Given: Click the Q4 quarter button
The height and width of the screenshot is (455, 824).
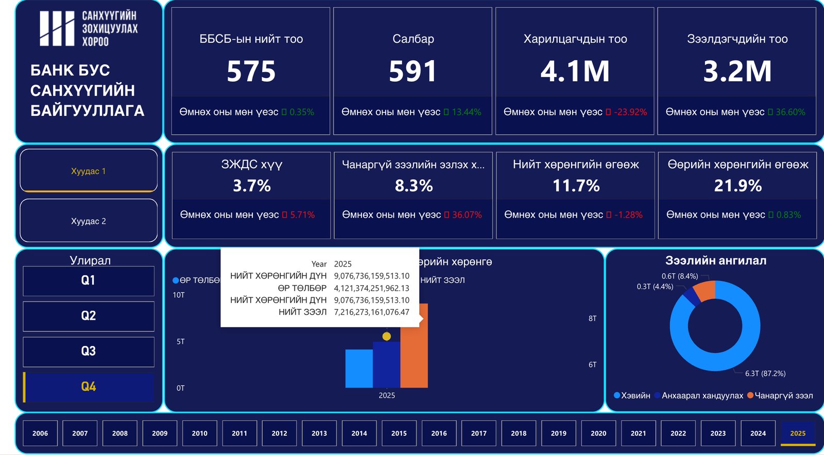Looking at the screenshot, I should click(x=89, y=387).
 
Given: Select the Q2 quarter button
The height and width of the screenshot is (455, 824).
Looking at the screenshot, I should click(x=89, y=316).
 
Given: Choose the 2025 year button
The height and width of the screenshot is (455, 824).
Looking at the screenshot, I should click(x=798, y=433).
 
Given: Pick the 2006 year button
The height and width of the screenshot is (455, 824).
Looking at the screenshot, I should click(x=40, y=433).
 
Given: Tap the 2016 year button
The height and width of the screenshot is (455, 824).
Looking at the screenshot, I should click(x=439, y=433).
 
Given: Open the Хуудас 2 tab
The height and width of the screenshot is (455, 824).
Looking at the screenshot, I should click(x=89, y=221).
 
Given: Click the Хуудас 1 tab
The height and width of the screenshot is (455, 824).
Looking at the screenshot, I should click(x=89, y=171).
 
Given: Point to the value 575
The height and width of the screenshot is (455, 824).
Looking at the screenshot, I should click(x=251, y=71).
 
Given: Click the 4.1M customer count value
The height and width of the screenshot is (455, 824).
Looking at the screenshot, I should click(x=575, y=71).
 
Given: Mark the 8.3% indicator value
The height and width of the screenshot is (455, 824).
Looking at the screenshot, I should click(x=414, y=186).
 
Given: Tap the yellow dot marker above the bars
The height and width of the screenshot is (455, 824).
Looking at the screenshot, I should click(x=386, y=336).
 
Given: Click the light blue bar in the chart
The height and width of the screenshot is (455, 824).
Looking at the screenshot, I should click(x=359, y=369).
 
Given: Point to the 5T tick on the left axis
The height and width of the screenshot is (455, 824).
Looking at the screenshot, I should click(x=180, y=342).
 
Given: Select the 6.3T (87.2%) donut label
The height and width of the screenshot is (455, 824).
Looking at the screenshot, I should click(x=765, y=374).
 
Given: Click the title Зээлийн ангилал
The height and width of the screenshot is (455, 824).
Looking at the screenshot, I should click(x=715, y=261).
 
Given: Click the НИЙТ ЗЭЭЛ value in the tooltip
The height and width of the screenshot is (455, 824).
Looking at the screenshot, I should click(x=371, y=312).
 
